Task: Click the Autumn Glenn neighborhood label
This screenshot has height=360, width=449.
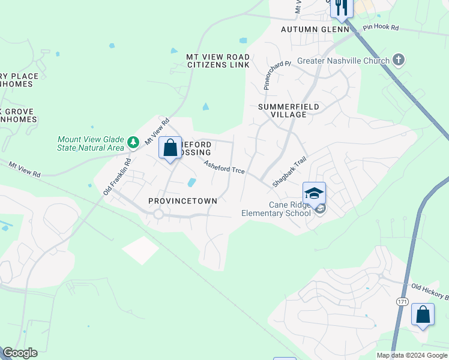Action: (315, 29)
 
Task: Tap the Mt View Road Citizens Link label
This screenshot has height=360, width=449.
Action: (218, 61)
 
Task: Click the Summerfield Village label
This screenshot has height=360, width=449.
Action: (288, 110)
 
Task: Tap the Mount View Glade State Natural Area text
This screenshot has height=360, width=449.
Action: (91, 143)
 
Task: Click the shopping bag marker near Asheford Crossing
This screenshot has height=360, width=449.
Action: (170, 148)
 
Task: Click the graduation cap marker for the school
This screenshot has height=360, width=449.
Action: (314, 193)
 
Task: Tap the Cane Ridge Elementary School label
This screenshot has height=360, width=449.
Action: (276, 209)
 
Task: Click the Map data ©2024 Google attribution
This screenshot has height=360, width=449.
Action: (411, 355)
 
